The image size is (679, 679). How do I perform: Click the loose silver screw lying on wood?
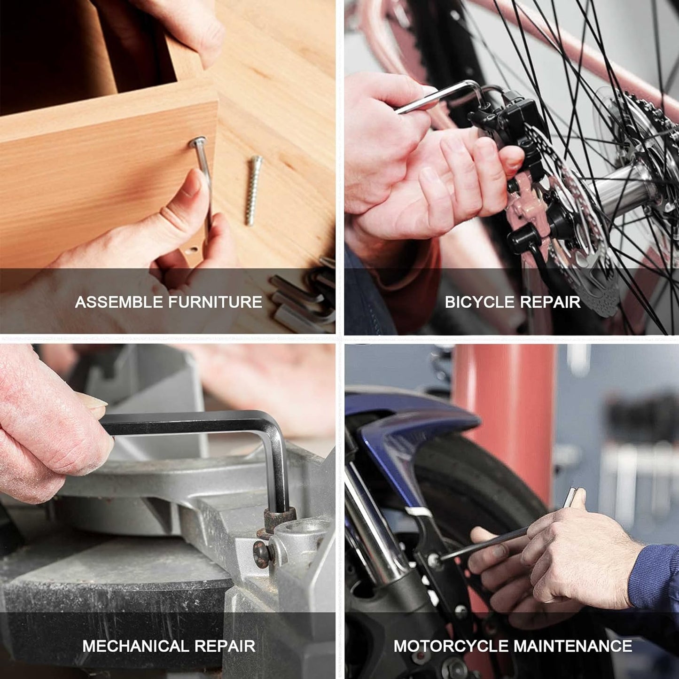point(254,191)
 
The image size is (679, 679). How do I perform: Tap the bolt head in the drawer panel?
point(198,142)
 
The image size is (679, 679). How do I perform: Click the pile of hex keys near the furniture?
point(304,296)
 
